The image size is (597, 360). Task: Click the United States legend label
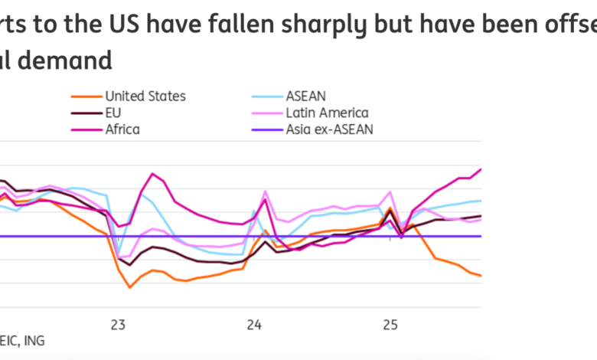point(145,97)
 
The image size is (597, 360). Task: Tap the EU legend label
point(114,113)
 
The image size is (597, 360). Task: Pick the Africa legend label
point(122,129)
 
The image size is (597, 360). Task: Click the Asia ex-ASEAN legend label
point(330,129)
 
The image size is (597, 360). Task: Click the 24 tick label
point(253,325)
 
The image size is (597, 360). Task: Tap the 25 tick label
point(390,325)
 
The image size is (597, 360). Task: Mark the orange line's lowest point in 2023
point(129,288)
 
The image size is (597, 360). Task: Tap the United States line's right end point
point(481,276)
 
